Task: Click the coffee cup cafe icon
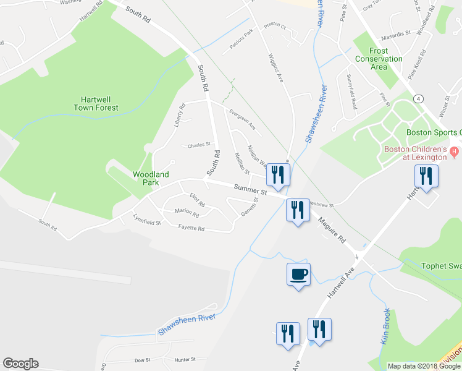pyautogui.click(x=298, y=273)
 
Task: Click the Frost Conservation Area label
pyautogui.click(x=379, y=59)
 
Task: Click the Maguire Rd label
pyautogui.click(x=332, y=228)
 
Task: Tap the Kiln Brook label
pyautogui.click(x=385, y=326)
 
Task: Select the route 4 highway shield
pyautogui.click(x=419, y=98)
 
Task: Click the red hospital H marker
pyautogui.click(x=455, y=150)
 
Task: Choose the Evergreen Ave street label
pyautogui.click(x=242, y=119)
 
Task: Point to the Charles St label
pyautogui.click(x=199, y=145)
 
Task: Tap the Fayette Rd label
pyautogui.click(x=191, y=228)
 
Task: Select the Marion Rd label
pyautogui.click(x=187, y=213)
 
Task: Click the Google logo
pyautogui.click(x=20, y=364)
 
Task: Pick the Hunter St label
pyautogui.click(x=185, y=359)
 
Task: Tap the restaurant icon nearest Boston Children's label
pyautogui.click(x=427, y=176)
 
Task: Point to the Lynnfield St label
pyautogui.click(x=147, y=219)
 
